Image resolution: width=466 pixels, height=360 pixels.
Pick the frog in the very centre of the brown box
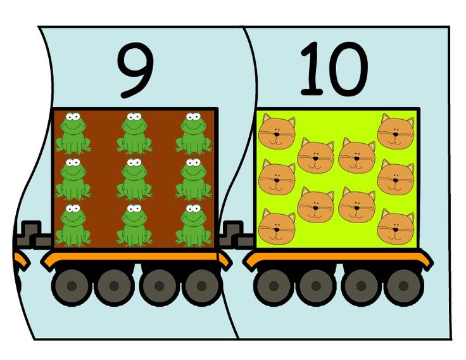point(134,179)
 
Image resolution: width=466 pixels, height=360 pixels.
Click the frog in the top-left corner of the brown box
point(73,133)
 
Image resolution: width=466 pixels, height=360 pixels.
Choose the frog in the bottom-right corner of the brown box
point(194,225)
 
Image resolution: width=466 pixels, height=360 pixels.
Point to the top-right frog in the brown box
point(194,133)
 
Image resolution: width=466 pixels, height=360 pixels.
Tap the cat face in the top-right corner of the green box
point(396,131)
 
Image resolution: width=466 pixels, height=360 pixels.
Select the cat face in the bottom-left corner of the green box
point(277,227)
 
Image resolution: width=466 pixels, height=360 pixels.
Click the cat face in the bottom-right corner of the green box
point(396,227)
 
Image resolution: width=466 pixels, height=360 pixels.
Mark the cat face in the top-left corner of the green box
point(277,133)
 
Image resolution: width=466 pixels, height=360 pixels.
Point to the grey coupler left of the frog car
point(34,235)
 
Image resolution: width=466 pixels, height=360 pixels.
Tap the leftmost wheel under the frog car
point(72,286)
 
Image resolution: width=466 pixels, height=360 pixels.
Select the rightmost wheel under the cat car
point(403,286)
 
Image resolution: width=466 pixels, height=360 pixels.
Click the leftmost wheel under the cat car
point(274,286)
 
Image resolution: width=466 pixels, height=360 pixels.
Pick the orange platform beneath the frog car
point(136,258)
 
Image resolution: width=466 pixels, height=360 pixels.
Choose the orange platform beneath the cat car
point(338,258)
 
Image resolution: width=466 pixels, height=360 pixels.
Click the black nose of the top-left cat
point(277,134)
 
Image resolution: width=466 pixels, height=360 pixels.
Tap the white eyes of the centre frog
point(134,162)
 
